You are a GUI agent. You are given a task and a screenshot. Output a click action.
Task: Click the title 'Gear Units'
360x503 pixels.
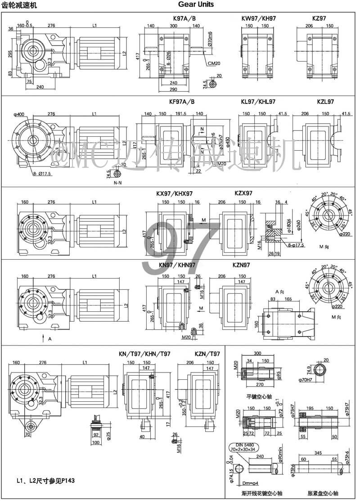(x=196, y=4)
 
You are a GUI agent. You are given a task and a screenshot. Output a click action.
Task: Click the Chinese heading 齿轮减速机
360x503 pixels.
(x=20, y=5)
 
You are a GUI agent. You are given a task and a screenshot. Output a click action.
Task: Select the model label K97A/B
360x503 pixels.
(x=184, y=19)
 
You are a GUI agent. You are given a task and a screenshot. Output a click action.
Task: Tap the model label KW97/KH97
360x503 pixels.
(x=259, y=19)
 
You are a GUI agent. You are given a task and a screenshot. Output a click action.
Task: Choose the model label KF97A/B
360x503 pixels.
(x=182, y=102)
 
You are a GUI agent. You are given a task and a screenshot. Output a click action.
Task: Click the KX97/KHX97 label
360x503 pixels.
(x=175, y=193)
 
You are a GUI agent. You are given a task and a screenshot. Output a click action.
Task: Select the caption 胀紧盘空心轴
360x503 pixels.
(x=320, y=493)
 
